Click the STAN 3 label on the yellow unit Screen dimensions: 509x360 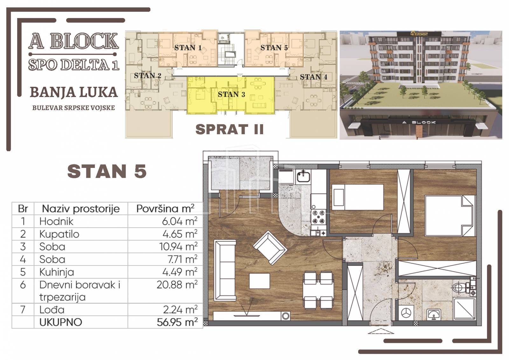tap(231, 94)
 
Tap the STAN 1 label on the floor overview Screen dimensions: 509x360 tap(188, 48)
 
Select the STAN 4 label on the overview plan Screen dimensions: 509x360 tap(314, 77)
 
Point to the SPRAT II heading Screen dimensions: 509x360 tap(229, 129)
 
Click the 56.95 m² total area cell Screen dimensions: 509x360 tap(177, 322)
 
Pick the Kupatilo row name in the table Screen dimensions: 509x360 tap(59, 234)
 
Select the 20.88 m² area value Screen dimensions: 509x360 tap(177, 285)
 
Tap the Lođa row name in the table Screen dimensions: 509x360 tap(52, 310)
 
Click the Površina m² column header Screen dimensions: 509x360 tap(165, 209)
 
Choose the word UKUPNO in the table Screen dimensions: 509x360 tap(61, 322)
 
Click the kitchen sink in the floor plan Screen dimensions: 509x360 tap(303, 177)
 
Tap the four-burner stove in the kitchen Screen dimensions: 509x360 tap(318, 217)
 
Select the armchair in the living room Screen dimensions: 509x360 tap(270, 248)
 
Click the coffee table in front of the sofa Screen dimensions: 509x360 tap(260, 281)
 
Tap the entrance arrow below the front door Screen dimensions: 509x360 tap(381, 331)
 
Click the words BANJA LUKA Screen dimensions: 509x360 tap(74, 93)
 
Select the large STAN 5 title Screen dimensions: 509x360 tap(107, 171)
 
